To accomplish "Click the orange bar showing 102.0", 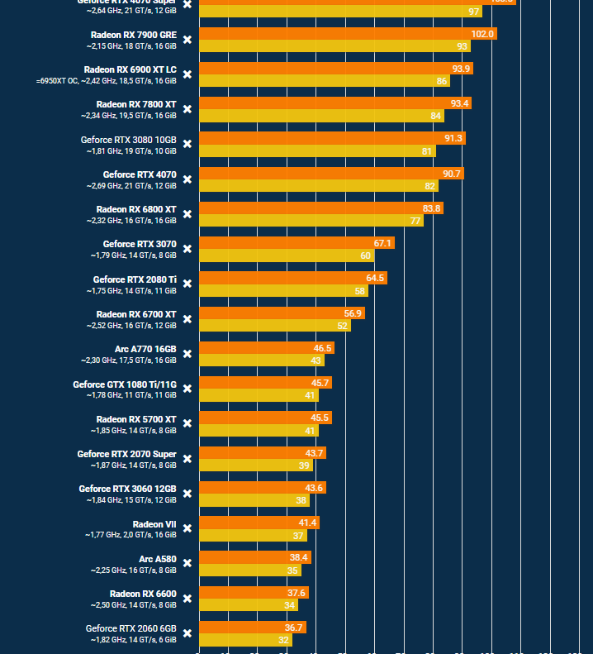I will tap(347, 34).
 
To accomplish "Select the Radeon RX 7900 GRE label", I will tap(133, 35).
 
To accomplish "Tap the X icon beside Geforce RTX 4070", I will tap(187, 179).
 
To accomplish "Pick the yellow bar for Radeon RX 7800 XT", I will tap(321, 117).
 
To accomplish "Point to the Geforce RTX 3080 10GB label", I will tap(128, 140).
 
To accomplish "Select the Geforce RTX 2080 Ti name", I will tap(135, 279).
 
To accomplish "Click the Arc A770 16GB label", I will tap(145, 349).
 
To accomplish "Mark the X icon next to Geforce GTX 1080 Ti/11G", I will tap(187, 389).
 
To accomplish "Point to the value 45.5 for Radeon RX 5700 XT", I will tap(320, 418).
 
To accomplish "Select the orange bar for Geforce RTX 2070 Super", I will tap(262, 453).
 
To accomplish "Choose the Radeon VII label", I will tap(154, 524).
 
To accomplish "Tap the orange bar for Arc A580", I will tap(254, 557).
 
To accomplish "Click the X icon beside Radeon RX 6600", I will tap(187, 599).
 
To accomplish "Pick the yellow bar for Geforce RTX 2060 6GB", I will tap(244, 640).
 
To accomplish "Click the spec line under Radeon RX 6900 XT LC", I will tap(107, 81).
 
